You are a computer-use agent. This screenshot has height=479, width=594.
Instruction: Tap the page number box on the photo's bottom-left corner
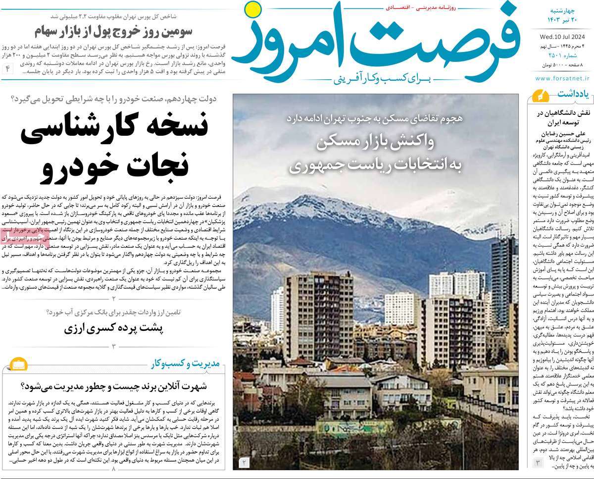(245, 463)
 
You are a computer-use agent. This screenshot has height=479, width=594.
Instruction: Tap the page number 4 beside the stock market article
(7, 68)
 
